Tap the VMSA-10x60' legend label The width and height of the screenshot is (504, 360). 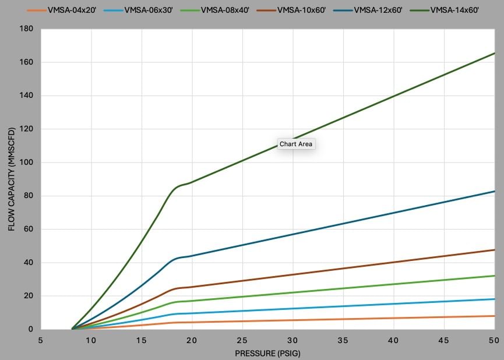[x=305, y=10]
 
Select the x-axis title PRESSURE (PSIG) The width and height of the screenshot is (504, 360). [x=267, y=353]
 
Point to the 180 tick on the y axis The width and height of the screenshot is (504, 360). [x=27, y=29]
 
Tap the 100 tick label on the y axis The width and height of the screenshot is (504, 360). [x=27, y=163]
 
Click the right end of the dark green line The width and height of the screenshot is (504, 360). [x=495, y=53]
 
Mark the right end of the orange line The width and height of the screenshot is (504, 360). [x=495, y=316]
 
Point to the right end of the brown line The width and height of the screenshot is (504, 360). [x=495, y=250]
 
